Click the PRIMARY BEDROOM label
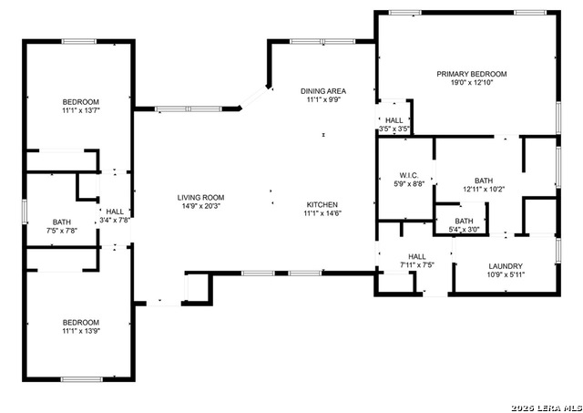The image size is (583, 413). [472, 74]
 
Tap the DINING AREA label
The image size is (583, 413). [323, 91]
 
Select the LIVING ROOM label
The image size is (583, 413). [200, 198]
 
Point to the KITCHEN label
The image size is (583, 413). [322, 204]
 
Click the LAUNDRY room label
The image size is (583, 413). [506, 266]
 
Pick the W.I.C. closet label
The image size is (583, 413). [409, 175]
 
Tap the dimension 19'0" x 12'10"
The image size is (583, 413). [472, 83]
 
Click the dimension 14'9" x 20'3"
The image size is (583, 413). [200, 206]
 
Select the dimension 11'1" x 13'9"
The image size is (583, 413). [81, 331]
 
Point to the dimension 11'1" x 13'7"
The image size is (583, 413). [81, 110]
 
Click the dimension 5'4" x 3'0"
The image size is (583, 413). [464, 230]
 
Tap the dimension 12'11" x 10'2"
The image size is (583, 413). [484, 189]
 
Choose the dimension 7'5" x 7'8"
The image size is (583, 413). [62, 231]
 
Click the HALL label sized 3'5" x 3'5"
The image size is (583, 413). [394, 120]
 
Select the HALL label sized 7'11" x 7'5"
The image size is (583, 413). [417, 257]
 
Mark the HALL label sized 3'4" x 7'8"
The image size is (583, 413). [115, 212]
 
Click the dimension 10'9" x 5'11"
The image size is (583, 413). [506, 275]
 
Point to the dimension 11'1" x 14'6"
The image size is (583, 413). [322, 213]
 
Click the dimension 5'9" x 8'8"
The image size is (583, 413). [409, 184]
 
